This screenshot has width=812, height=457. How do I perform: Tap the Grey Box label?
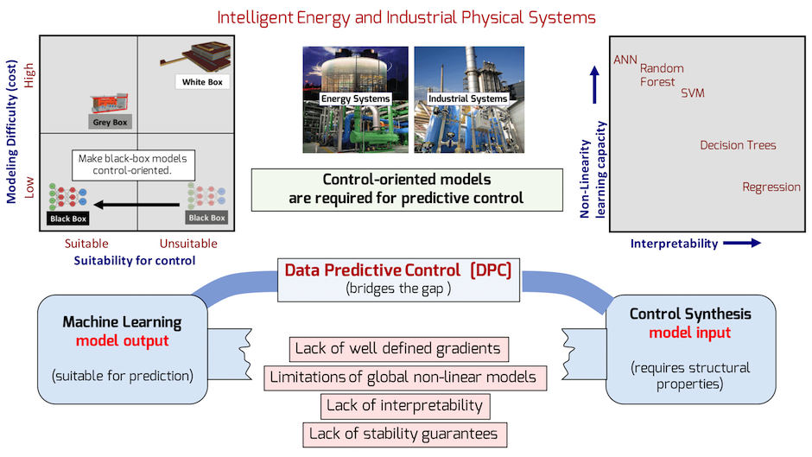109,123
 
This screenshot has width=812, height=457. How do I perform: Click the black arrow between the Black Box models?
138,205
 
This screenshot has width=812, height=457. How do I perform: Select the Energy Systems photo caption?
355,98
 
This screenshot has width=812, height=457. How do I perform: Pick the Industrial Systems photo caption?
468,98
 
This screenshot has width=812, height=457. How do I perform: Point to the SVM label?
692,93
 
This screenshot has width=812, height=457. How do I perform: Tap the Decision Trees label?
738,145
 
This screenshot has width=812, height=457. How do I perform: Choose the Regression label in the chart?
771,187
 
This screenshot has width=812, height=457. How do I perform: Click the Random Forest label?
662,75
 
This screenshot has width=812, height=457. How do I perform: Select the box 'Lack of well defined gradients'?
397,349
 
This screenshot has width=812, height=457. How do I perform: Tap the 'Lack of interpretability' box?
404,405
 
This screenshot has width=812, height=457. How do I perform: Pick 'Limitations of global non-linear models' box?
403,377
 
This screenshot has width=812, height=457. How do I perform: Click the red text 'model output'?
122,340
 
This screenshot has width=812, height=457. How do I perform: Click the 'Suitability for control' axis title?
134,260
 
